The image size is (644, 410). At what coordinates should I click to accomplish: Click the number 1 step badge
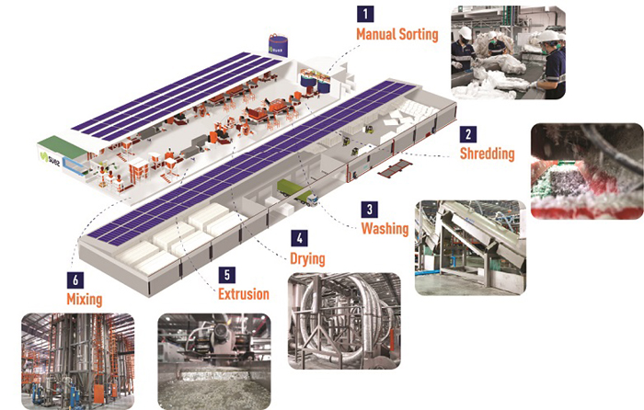click(365, 14)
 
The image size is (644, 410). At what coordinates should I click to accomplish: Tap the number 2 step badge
click(467, 134)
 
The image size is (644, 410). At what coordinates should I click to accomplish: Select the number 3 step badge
click(369, 210)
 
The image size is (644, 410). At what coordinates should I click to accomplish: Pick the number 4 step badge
click(299, 238)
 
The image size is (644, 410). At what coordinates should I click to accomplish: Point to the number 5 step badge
click(227, 275)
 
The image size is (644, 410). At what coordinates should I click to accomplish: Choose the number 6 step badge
click(75, 280)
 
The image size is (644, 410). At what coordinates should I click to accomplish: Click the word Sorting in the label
click(419, 35)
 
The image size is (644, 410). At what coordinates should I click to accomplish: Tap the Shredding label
click(487, 154)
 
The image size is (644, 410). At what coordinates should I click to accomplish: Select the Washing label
click(385, 229)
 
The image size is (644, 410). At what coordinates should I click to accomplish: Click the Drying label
click(307, 259)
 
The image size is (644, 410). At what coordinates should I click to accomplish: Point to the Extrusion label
click(244, 294)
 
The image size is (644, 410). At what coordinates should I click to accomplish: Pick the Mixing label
click(85, 300)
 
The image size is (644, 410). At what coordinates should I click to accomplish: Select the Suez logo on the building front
click(51, 159)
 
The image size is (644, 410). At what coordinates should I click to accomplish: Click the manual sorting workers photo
click(508, 52)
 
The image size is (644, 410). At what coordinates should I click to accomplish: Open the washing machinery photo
click(470, 248)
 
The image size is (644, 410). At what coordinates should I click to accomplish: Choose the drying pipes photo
click(344, 321)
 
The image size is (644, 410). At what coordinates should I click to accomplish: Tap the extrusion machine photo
click(214, 361)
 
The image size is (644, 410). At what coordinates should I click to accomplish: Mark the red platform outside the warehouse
click(395, 168)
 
